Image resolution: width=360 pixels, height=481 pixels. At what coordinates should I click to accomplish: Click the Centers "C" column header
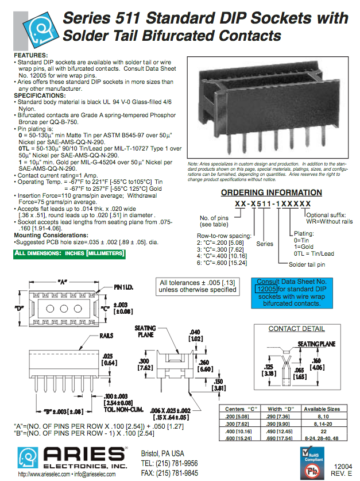241,409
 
